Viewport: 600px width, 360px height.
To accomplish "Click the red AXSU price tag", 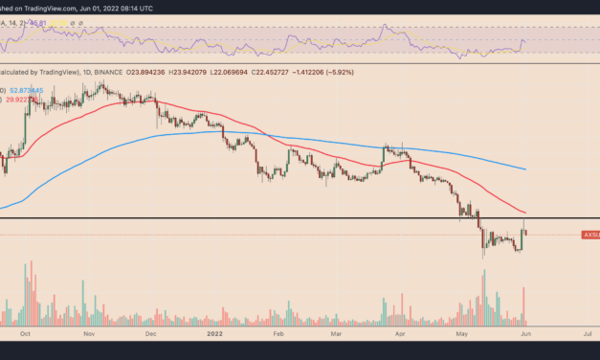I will pyautogui.click(x=589, y=235).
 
